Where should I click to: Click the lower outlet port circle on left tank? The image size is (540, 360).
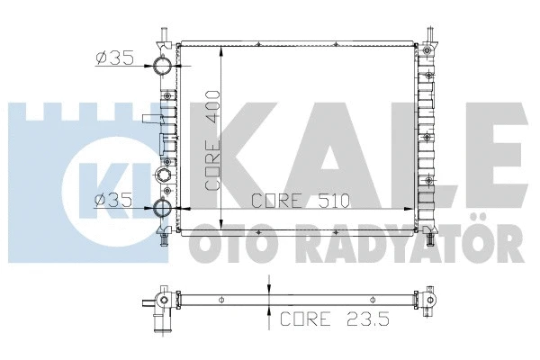[162, 210]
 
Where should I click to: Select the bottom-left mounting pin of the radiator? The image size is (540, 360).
[162, 239]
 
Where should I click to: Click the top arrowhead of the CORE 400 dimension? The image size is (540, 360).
[221, 49]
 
